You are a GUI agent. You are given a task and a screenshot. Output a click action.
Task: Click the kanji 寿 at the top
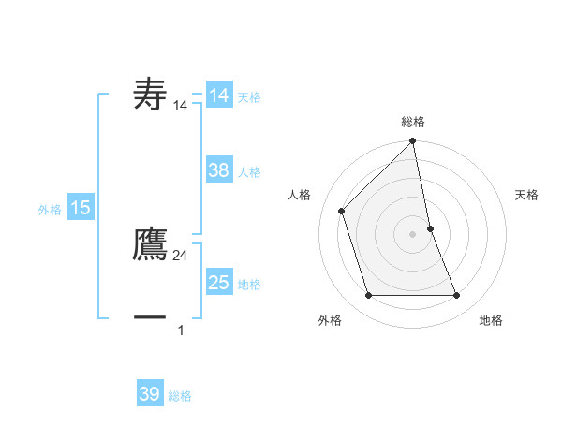pyautogui.click(x=151, y=95)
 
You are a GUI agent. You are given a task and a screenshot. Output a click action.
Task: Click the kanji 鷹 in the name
pyautogui.click(x=151, y=244)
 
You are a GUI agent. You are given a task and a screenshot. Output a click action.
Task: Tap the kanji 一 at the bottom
pyautogui.click(x=151, y=317)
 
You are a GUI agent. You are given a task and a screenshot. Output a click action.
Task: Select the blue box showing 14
pyautogui.click(x=219, y=95)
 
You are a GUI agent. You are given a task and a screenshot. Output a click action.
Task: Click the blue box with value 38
pyautogui.click(x=219, y=170)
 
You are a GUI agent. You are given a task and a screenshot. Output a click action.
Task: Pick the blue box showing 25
pyautogui.click(x=219, y=283)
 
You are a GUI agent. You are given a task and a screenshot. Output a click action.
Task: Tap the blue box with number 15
pyautogui.click(x=81, y=208)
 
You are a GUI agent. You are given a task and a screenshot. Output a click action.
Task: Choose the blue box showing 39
pyautogui.click(x=150, y=394)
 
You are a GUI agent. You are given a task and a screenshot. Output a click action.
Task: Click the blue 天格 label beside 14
pyautogui.click(x=249, y=97)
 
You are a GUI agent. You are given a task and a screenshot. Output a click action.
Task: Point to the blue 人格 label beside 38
pyautogui.click(x=249, y=172)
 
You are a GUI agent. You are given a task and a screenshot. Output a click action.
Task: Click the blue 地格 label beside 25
pyautogui.click(x=249, y=285)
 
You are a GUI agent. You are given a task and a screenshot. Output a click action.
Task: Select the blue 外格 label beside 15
pyautogui.click(x=50, y=210)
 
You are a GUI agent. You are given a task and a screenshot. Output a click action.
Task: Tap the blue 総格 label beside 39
pyautogui.click(x=180, y=396)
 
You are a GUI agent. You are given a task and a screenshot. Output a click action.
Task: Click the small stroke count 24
pyautogui.click(x=181, y=256)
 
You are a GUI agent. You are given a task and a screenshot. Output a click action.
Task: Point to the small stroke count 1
pyautogui.click(x=181, y=330)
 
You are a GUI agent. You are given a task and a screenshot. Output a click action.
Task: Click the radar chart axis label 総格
pyautogui.click(x=413, y=122)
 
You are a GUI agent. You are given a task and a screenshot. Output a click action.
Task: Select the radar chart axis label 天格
pyautogui.click(x=527, y=195)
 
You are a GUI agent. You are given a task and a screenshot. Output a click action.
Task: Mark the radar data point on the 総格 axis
pyautogui.click(x=413, y=142)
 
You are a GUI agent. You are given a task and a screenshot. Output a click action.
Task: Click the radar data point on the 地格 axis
pyautogui.click(x=457, y=296)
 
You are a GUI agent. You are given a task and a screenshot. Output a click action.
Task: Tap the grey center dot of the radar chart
pyautogui.click(x=413, y=234)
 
